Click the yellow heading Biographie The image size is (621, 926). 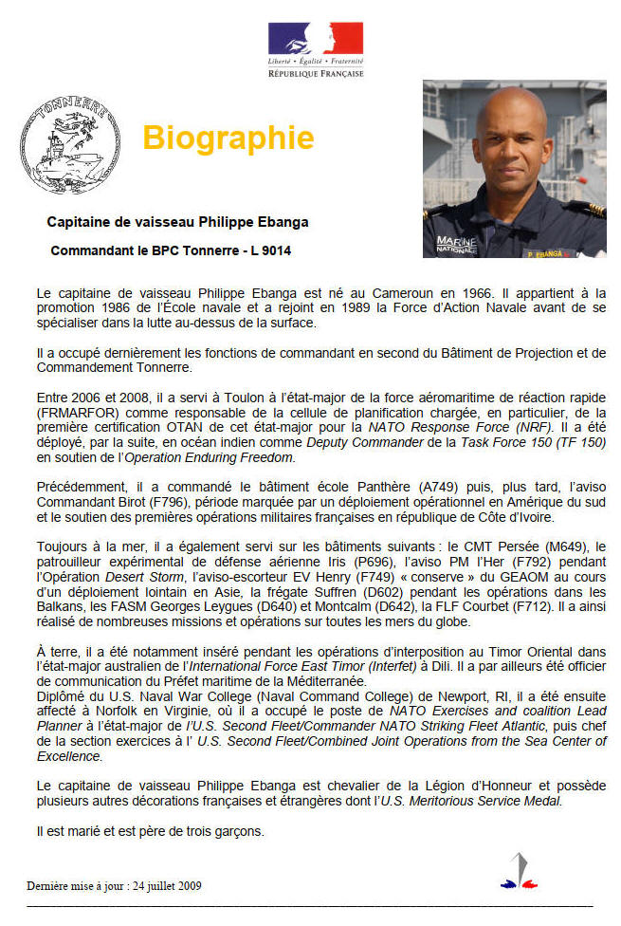(x=228, y=139)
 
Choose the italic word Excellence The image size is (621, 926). (x=68, y=756)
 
